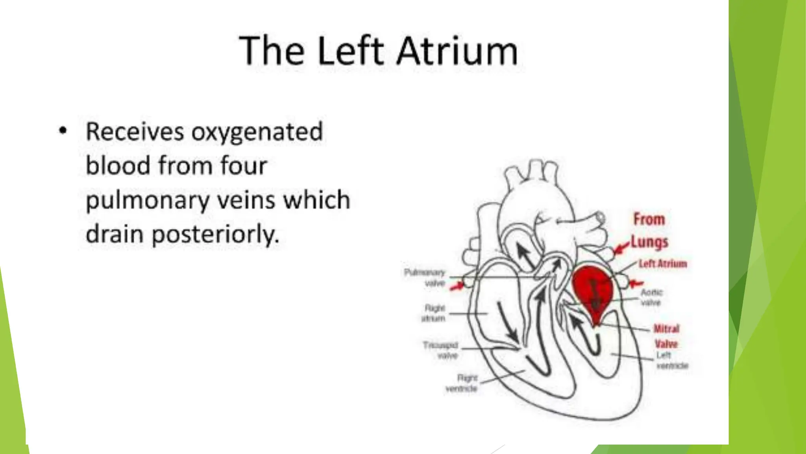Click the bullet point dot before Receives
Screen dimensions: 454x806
click(x=62, y=130)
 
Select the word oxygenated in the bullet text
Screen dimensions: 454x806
click(x=257, y=132)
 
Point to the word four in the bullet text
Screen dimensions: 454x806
click(x=244, y=166)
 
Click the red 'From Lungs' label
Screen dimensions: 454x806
click(x=649, y=231)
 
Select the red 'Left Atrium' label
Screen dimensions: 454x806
click(x=663, y=264)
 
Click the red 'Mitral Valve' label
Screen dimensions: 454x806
click(x=666, y=336)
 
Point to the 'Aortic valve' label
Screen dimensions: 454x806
click(x=651, y=297)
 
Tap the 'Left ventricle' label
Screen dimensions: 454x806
click(x=672, y=361)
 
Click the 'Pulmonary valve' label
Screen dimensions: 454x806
click(x=425, y=277)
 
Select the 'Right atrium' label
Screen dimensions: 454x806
click(x=434, y=313)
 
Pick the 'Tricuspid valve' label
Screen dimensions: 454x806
click(x=441, y=350)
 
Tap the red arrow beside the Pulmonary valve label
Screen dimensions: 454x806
click(x=457, y=286)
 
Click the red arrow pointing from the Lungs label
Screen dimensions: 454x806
click(x=621, y=248)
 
